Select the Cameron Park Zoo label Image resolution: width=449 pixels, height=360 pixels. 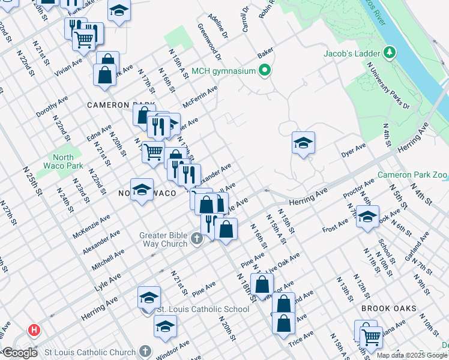(413, 175)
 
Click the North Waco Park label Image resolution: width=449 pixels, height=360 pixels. (63, 161)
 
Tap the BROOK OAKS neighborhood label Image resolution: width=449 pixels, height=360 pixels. (389, 308)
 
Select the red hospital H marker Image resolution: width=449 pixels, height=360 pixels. (34, 330)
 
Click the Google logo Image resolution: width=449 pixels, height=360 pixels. (19, 353)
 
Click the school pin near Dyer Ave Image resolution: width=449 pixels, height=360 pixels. (304, 143)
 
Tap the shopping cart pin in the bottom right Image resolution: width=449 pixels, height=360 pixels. (372, 338)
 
